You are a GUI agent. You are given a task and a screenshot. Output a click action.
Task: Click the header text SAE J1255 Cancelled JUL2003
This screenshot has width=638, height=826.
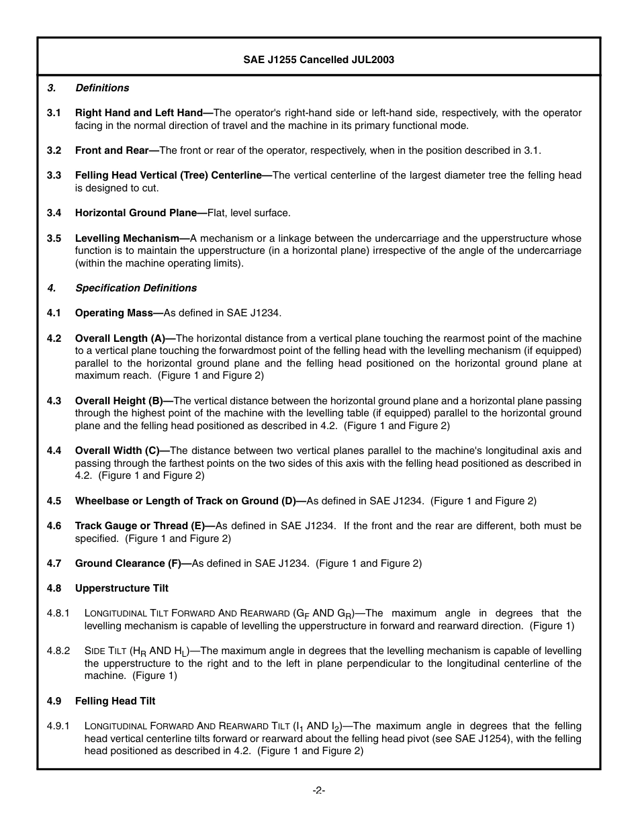tap(318, 60)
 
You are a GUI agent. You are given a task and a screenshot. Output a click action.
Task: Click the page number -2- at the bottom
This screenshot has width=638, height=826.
tap(319, 790)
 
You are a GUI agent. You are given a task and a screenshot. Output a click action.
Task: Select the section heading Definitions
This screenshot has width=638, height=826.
tap(102, 88)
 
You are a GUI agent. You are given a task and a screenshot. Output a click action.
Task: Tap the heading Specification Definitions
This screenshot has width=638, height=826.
tap(136, 288)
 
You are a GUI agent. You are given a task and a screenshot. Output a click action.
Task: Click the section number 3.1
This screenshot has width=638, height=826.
tap(54, 113)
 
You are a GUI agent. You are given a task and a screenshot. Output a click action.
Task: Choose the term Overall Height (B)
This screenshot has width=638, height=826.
tap(122, 401)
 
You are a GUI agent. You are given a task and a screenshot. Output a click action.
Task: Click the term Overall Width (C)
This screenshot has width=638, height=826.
tap(121, 451)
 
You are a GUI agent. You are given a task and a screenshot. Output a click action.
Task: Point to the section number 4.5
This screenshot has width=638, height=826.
tap(54, 501)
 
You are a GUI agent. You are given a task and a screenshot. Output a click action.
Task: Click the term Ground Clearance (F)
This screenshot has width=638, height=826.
tap(131, 563)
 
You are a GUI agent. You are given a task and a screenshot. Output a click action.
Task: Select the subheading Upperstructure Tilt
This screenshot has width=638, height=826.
tap(122, 588)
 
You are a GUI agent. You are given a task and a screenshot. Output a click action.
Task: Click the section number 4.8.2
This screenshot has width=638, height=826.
tap(58, 651)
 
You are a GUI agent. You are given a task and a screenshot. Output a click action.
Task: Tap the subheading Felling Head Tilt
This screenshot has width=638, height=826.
tap(115, 701)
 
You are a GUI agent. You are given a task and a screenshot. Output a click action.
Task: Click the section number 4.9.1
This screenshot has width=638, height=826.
tap(58, 726)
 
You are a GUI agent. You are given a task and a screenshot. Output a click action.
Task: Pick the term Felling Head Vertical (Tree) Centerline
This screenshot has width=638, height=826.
tap(171, 175)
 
